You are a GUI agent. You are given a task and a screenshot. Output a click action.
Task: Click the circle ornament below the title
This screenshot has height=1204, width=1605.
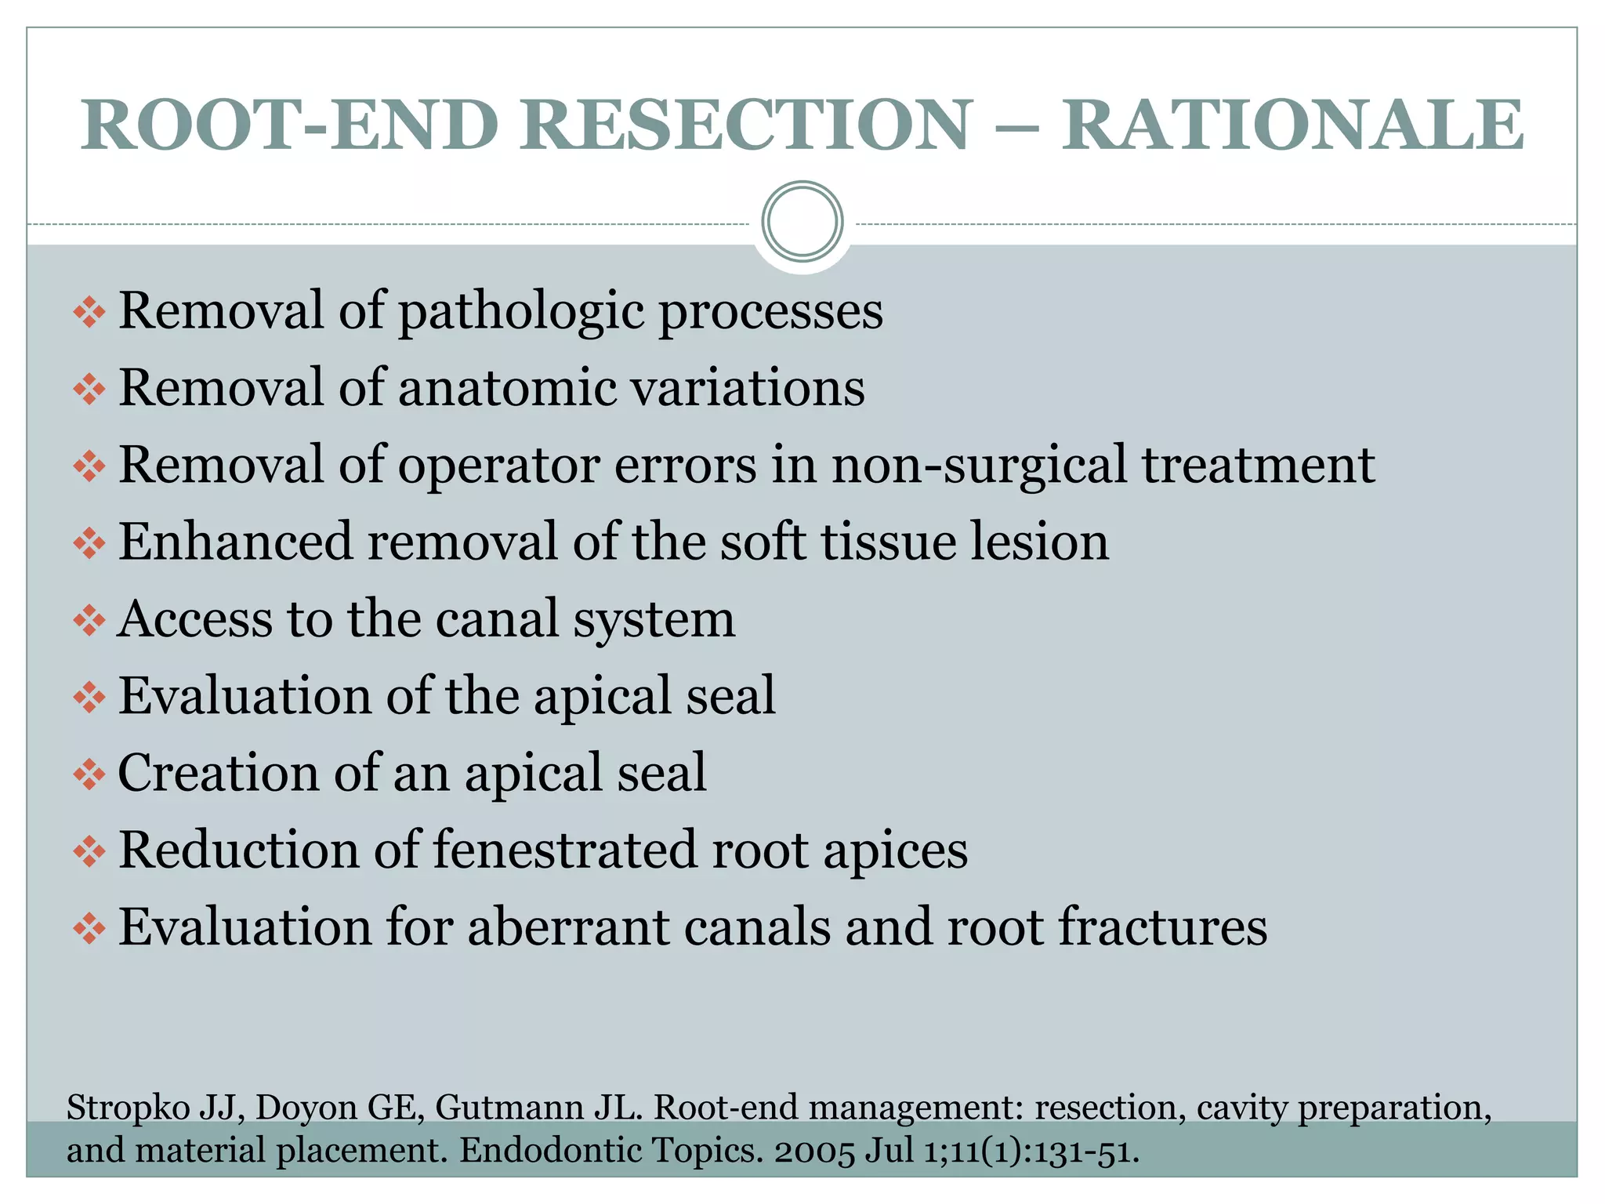coord(802,222)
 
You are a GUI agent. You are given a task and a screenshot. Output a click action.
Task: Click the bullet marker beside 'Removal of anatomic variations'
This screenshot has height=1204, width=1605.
coord(89,390)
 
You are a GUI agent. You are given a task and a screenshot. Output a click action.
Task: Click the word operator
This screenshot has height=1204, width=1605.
coord(498,466)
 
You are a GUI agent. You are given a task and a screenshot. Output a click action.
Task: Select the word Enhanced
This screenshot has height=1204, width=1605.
coord(235,542)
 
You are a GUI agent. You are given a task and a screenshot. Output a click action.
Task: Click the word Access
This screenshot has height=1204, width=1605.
coord(194,619)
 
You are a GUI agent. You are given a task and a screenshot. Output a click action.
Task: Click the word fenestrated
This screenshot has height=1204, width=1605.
coord(565,850)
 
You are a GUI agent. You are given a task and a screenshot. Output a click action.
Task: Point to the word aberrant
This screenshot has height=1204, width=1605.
coord(568,927)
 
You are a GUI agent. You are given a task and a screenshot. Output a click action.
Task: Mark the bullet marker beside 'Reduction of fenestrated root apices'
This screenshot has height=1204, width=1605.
coord(89,852)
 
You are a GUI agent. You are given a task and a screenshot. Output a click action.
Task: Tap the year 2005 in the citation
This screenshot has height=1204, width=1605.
coord(815,1151)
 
